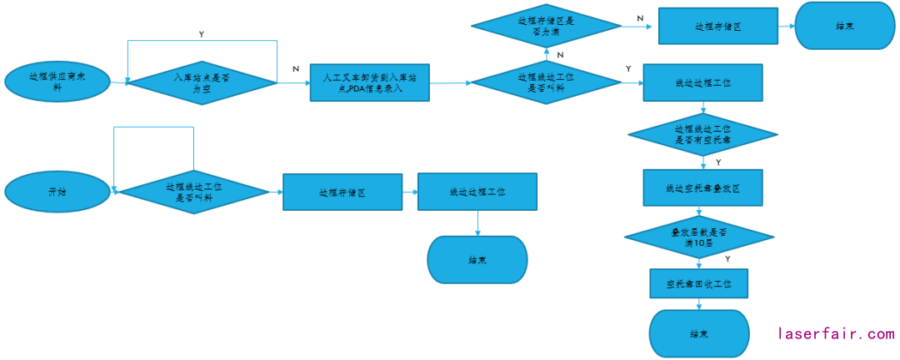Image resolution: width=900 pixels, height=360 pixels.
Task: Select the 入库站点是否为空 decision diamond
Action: [x=202, y=82]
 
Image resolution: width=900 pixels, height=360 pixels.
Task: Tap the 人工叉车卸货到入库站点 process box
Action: [x=369, y=82]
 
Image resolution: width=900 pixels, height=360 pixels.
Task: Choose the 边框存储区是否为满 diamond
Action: [x=545, y=26]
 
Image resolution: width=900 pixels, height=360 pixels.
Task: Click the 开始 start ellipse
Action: [x=57, y=192]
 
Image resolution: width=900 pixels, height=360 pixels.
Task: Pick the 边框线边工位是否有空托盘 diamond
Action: [x=702, y=135]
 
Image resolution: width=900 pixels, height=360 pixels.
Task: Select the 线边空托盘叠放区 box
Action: [x=702, y=187]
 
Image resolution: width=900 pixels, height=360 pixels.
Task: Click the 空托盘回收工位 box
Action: [x=698, y=283]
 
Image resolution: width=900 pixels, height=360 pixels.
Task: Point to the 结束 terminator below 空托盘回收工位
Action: [x=698, y=333]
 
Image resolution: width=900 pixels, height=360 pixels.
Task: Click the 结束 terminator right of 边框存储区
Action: [x=842, y=26]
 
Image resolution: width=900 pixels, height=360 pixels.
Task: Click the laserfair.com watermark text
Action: [x=836, y=333]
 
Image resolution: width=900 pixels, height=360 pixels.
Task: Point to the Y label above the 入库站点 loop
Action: [x=202, y=34]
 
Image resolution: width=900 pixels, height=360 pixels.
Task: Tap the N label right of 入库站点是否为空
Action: [x=296, y=69]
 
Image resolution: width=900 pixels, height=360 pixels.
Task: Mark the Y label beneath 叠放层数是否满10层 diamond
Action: [x=727, y=259]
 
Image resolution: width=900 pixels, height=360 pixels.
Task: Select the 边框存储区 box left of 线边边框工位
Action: [x=342, y=192]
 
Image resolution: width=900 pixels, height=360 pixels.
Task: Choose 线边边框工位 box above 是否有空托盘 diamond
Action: [x=702, y=82]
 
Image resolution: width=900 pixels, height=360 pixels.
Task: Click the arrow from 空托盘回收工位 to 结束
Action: [x=698, y=304]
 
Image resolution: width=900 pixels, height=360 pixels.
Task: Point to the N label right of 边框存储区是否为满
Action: [x=640, y=17]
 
